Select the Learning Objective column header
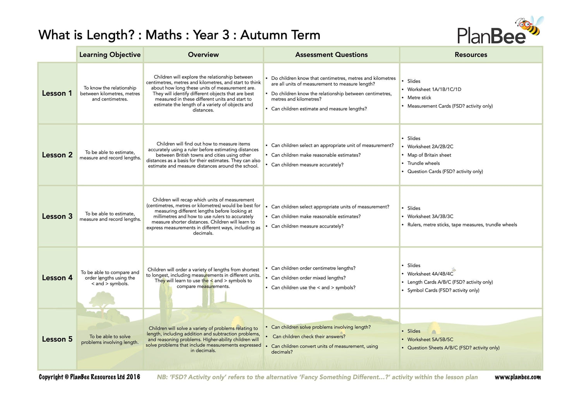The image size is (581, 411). coord(110,55)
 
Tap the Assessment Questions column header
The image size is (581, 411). coord(331,55)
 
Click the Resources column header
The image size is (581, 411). coord(471,55)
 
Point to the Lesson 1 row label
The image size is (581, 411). coord(57,93)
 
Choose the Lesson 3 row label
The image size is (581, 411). coord(57,217)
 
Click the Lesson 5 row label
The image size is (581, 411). coord(57,339)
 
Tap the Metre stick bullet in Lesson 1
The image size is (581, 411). coord(419,98)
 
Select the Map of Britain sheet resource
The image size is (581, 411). coord(429,155)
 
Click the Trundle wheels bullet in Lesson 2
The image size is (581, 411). coord(423,163)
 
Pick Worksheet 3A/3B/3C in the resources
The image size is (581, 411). coord(430,217)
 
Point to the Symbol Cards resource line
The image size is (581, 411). coord(443,290)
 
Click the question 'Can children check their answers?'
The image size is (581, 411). coord(309,337)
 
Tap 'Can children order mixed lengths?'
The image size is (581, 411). coord(308,278)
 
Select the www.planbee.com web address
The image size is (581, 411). coord(517,377)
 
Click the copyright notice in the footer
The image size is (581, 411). coord(89,377)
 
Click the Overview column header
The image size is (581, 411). coord(203,55)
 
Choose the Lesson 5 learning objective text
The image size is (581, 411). coord(110,339)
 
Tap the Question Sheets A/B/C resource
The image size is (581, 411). coord(453,348)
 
